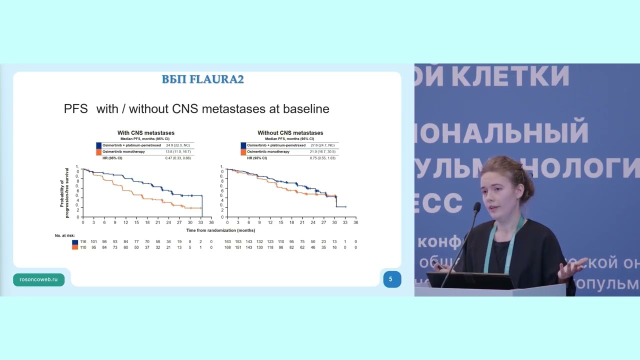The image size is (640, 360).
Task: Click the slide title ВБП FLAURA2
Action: (202, 79)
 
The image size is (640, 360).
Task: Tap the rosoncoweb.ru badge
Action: (38, 279)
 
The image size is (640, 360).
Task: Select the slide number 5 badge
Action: (391, 279)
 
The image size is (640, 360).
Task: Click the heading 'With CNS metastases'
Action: (146, 133)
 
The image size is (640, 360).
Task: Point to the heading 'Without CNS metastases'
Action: (290, 133)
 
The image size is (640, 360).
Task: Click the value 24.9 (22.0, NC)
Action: (177, 145)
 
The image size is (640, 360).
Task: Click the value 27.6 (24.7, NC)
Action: (322, 145)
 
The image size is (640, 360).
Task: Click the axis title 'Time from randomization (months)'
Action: (220, 230)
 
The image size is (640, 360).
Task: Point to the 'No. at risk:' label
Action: (64, 235)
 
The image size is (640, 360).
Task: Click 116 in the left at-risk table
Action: (83, 242)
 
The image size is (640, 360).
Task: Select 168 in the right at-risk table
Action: (227, 247)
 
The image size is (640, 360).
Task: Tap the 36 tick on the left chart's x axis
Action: (211, 222)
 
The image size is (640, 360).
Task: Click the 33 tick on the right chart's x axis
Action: (345, 222)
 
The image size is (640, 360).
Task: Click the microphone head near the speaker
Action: (477, 207)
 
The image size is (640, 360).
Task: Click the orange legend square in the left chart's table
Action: (98, 151)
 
